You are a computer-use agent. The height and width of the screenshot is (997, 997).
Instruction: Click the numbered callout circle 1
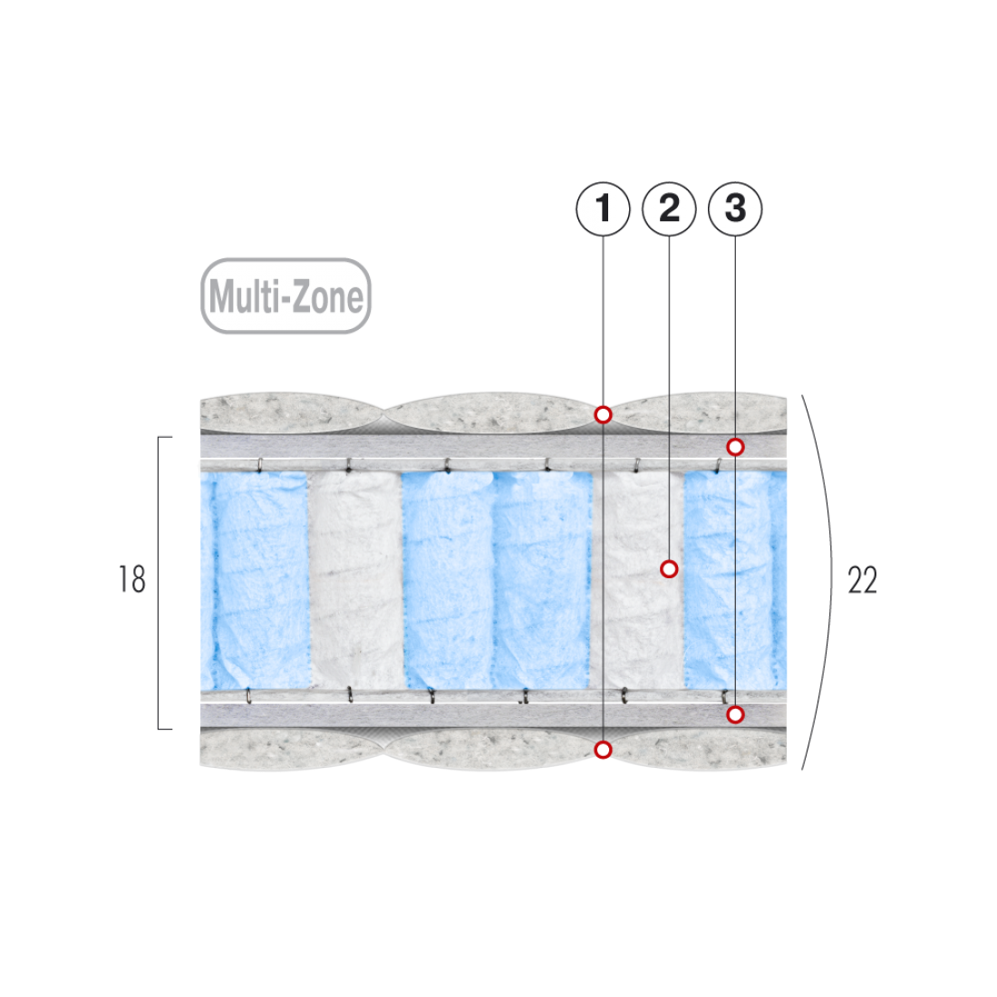[603, 209]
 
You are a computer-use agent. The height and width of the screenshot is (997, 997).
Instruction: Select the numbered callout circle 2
[669, 209]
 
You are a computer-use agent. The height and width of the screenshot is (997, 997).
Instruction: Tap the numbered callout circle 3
[735, 209]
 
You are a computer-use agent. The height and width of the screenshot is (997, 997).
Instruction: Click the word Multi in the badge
[243, 296]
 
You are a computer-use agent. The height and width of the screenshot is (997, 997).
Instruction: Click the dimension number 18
[132, 579]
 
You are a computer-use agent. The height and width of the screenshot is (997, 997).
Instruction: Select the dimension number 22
[862, 579]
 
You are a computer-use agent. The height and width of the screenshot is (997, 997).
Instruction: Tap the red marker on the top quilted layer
[603, 415]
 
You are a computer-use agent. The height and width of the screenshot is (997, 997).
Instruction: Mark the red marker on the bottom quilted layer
[603, 750]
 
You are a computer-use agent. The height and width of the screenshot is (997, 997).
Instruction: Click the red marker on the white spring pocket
[669, 569]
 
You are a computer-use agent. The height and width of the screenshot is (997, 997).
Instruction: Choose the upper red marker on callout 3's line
[735, 447]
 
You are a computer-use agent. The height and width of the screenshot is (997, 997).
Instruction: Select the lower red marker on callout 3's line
[735, 715]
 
